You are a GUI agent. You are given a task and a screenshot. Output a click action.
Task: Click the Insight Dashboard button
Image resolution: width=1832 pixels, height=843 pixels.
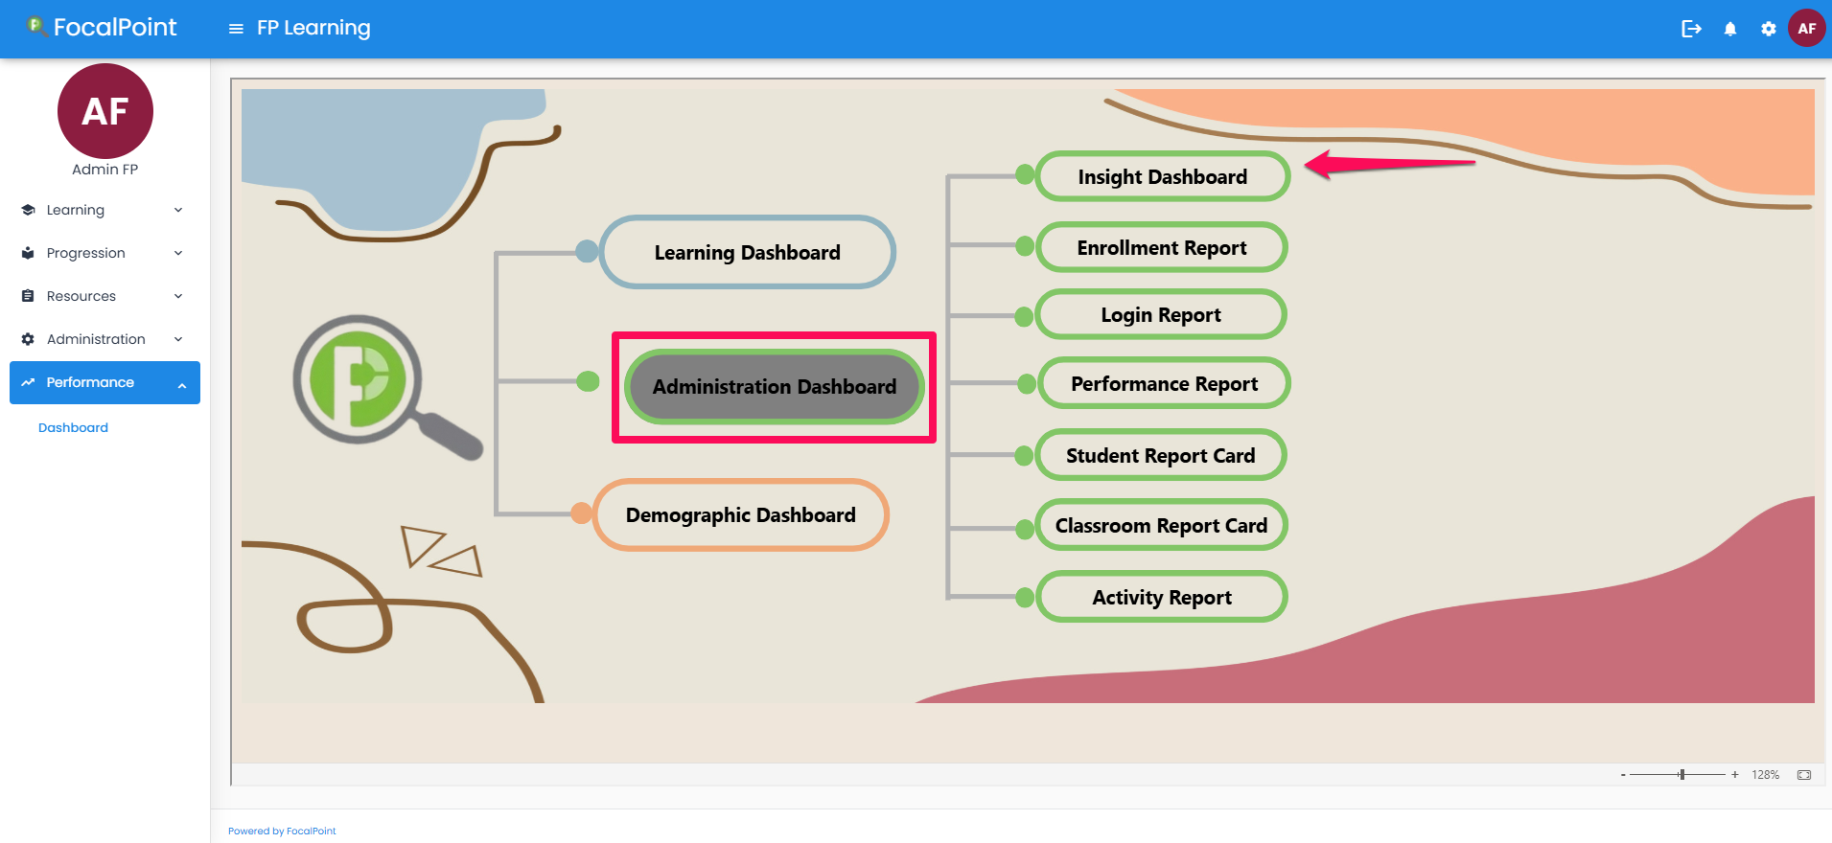[x=1162, y=177]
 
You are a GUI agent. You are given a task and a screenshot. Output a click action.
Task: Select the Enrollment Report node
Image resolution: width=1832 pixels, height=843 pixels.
[x=1161, y=248]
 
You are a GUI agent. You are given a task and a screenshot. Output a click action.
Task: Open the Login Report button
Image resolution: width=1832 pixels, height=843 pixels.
[x=1160, y=315]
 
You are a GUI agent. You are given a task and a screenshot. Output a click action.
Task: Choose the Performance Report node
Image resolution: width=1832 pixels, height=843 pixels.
[x=1163, y=384]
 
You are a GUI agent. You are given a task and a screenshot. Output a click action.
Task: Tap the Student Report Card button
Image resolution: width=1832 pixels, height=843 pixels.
[x=1160, y=456]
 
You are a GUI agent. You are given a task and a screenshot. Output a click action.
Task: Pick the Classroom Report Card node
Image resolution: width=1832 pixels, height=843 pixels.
[x=1160, y=526]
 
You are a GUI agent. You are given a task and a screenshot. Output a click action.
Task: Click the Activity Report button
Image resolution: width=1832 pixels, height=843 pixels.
[x=1161, y=598]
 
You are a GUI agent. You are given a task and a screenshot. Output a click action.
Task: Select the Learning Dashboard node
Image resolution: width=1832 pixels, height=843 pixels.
[x=747, y=253]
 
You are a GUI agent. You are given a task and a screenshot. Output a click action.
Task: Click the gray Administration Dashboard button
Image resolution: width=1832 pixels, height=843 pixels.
[x=774, y=387]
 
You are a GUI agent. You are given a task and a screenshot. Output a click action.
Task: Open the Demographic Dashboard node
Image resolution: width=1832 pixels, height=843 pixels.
[x=740, y=515]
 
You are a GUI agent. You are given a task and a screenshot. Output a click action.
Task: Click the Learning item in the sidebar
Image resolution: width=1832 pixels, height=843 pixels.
[x=76, y=210]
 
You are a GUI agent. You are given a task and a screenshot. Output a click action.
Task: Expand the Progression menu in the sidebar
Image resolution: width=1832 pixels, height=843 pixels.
[x=85, y=253]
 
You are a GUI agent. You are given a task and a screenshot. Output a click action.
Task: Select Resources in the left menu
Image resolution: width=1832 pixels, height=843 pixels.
[x=81, y=296]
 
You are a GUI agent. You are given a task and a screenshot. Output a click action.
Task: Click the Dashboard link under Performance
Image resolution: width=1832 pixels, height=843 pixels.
[x=73, y=428]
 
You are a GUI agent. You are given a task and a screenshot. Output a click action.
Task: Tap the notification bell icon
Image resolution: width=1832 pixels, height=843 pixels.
[x=1729, y=29]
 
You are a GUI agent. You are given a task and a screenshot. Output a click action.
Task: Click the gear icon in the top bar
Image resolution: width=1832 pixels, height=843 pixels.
[x=1768, y=29]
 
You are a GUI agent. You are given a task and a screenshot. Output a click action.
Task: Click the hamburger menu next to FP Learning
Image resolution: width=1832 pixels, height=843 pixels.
[x=236, y=29]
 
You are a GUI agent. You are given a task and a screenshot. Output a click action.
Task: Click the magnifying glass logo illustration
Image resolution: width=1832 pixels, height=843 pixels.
[x=374, y=383]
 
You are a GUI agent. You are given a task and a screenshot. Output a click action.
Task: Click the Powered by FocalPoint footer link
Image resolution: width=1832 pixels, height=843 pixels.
[x=282, y=831]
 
